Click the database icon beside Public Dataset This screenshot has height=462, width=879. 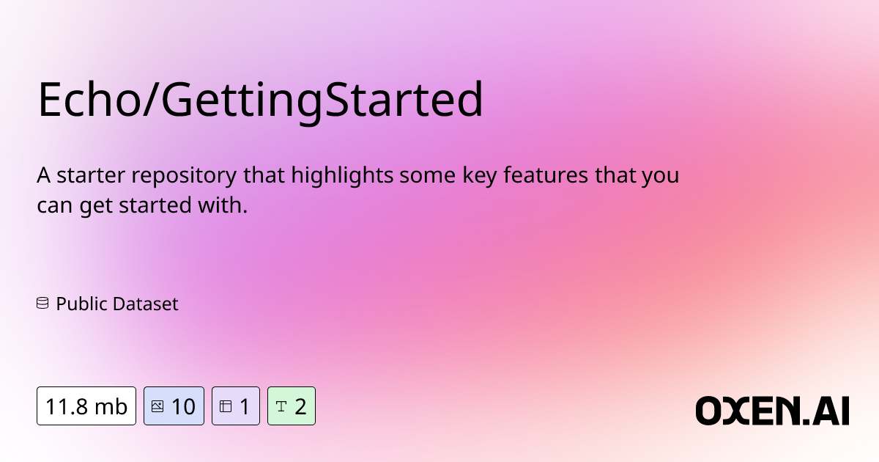point(42,303)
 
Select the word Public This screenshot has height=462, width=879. point(81,304)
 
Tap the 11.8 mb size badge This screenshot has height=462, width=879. point(86,406)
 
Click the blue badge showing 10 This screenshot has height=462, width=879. point(174,406)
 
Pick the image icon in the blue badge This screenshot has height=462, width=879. point(157,406)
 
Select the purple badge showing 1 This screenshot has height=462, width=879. point(235,406)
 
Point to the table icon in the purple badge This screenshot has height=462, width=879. point(226,406)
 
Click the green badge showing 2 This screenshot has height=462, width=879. point(291,406)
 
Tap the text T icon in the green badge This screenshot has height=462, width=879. point(281,406)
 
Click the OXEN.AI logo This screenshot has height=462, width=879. point(772,411)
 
